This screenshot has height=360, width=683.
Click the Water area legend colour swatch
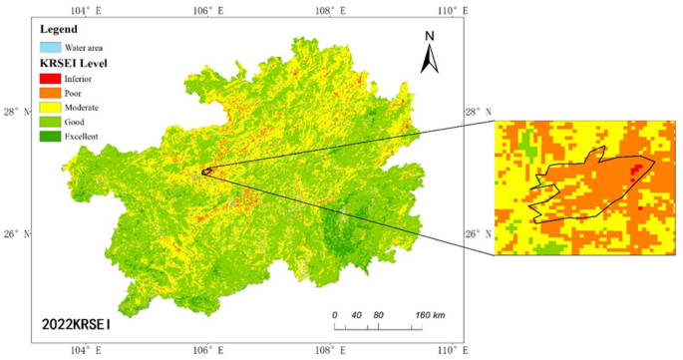click(49, 47)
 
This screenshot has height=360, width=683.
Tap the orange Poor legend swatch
click(49, 93)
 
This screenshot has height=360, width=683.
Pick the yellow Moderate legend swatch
click(49, 107)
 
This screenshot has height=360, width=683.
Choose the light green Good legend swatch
click(49, 121)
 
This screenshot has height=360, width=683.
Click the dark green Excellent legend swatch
click(49, 135)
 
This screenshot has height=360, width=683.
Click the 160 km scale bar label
click(430, 315)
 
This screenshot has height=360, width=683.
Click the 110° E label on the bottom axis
click(447, 350)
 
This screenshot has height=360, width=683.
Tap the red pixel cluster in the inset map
click(635, 173)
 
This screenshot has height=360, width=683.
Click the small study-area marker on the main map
click(206, 172)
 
